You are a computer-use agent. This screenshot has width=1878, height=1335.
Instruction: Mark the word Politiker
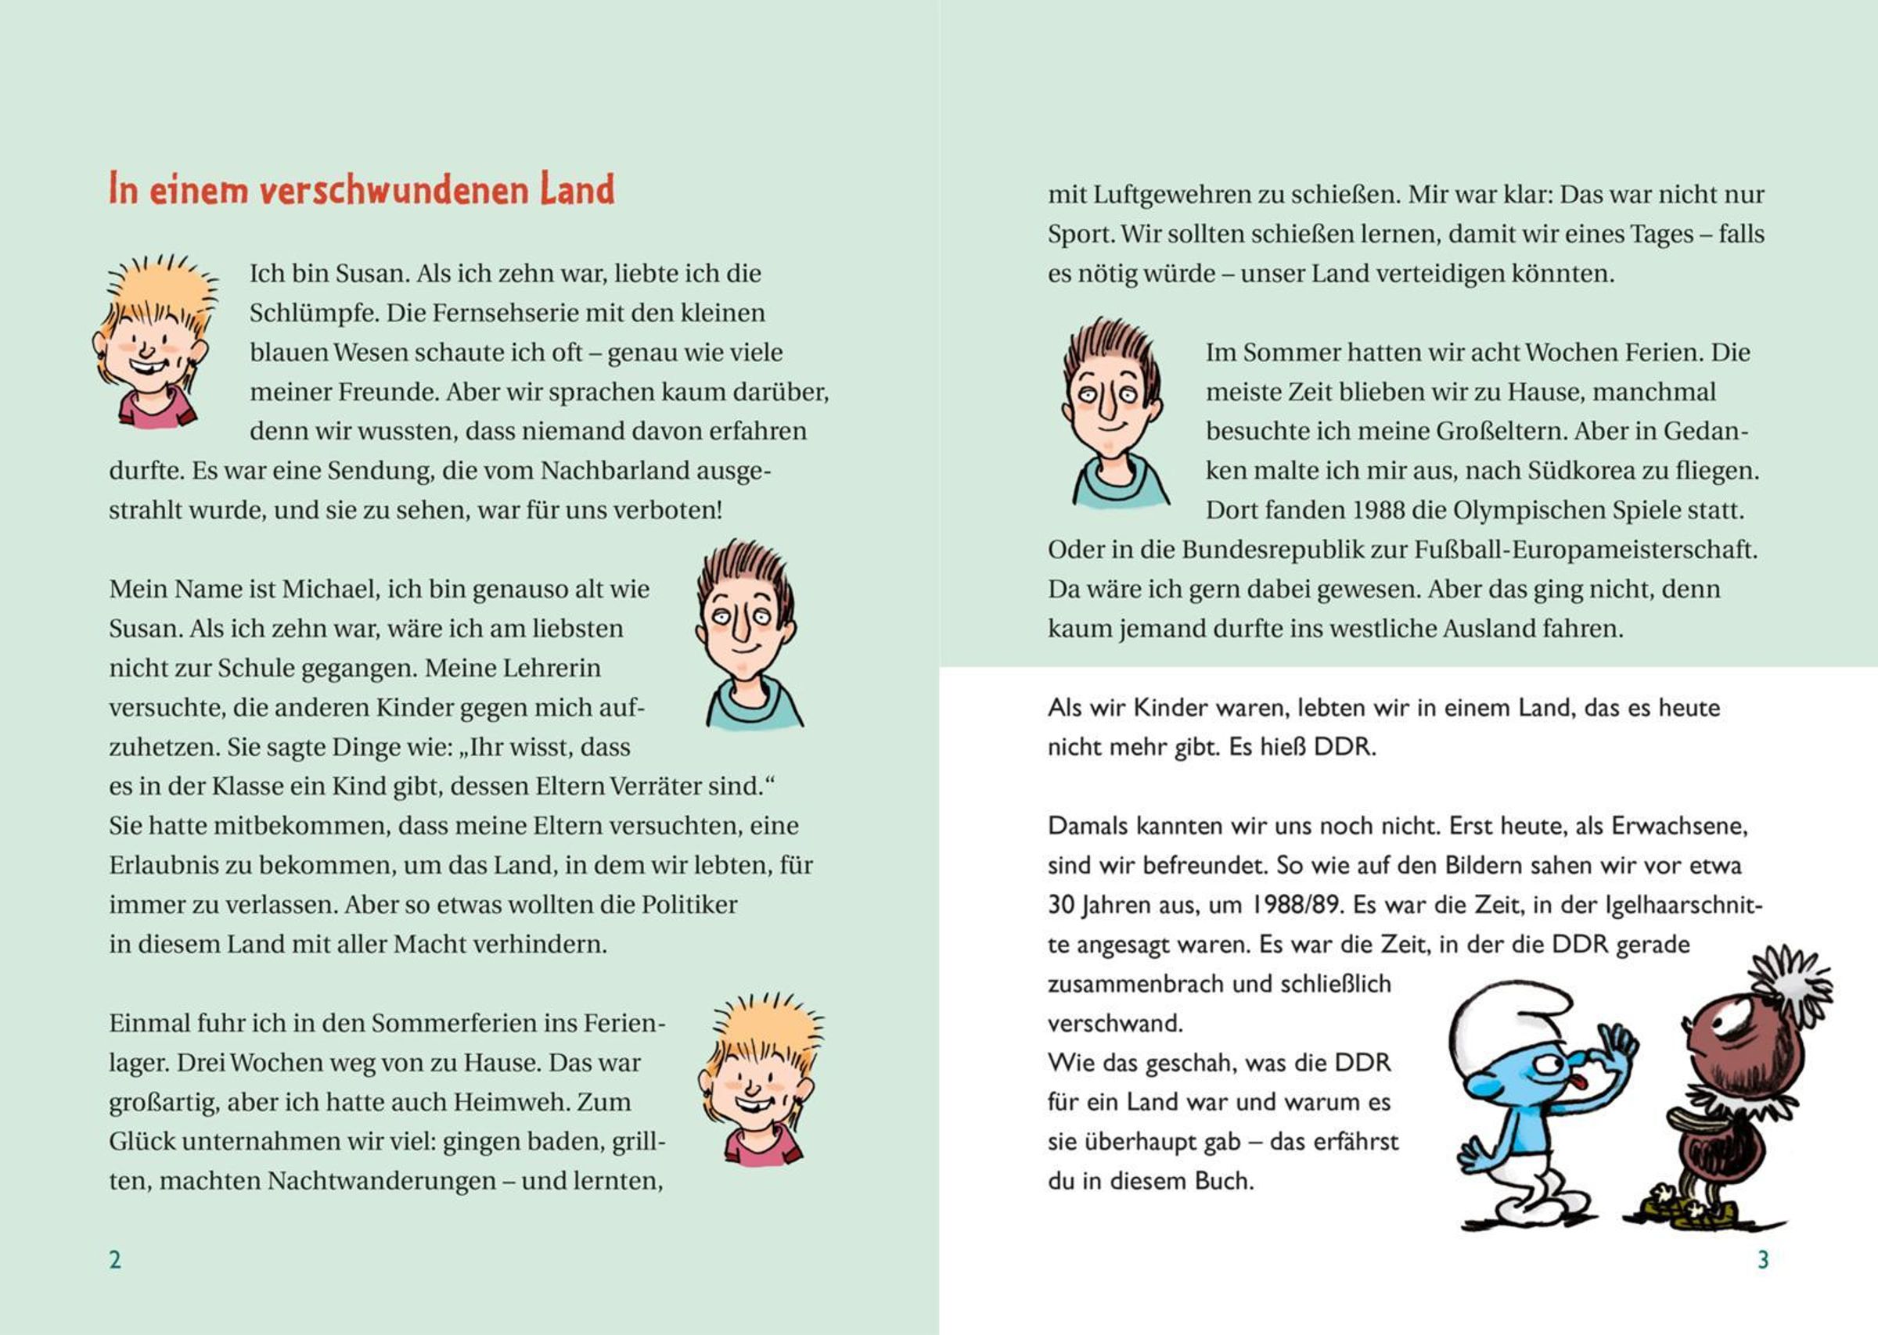coord(689,905)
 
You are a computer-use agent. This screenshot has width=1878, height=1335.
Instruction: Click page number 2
coord(115,1259)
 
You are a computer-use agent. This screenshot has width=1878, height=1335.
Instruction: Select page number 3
coord(1763,1259)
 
